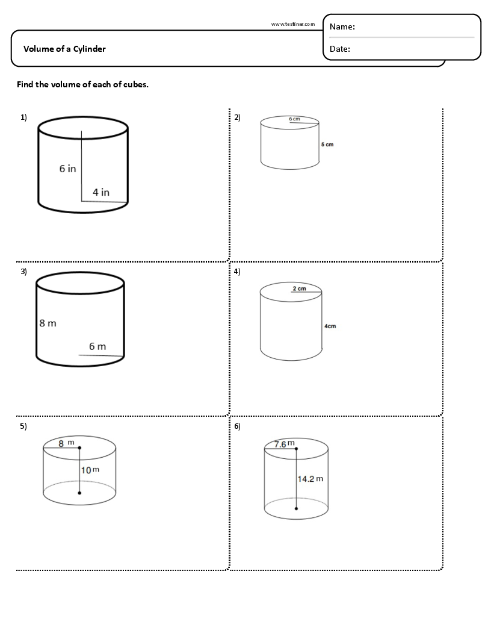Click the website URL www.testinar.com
(293, 24)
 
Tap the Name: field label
(342, 27)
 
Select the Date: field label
(340, 49)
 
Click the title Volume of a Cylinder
(64, 49)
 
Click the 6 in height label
(67, 169)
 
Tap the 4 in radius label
(101, 192)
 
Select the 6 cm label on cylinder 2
(294, 119)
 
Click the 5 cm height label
(327, 145)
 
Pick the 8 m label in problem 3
(48, 323)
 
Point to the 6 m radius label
(97, 346)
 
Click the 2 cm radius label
(299, 288)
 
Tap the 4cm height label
(330, 326)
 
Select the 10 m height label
(90, 470)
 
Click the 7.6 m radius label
(285, 444)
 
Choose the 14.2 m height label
(310, 479)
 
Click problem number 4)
(237, 272)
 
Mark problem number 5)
(23, 426)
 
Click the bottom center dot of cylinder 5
(80, 493)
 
